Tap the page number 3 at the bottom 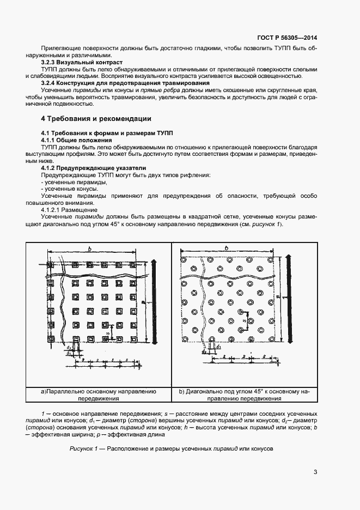point(315,472)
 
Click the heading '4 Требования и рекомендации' point(96,118)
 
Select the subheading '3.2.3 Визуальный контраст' point(82,63)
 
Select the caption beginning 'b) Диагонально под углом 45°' point(244,394)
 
